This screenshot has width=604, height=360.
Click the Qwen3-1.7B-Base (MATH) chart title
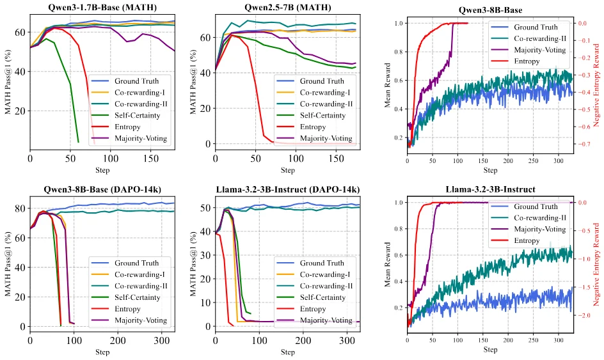(x=102, y=8)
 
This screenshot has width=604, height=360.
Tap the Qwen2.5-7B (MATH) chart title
(x=287, y=8)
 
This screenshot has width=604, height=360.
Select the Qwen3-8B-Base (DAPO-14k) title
(x=102, y=189)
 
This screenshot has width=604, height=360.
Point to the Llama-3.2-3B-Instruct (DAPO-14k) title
(x=287, y=189)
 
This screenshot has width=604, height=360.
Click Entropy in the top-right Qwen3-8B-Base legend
(x=527, y=61)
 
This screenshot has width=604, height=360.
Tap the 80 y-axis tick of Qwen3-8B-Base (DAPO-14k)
(x=20, y=208)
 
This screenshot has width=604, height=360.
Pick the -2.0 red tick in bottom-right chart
(x=586, y=316)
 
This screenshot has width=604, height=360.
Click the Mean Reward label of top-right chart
(x=389, y=86)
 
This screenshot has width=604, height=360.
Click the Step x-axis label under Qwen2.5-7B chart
(x=287, y=171)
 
